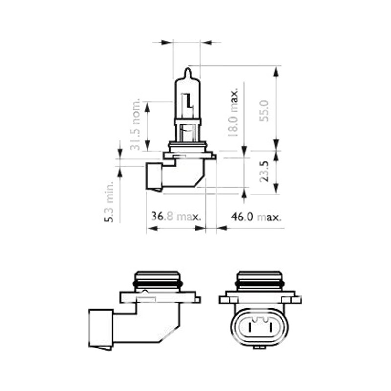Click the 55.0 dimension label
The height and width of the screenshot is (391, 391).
(264, 111)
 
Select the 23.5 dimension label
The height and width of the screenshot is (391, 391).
(264, 172)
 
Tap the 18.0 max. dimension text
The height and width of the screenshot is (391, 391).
(233, 112)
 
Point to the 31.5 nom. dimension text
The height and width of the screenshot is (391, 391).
(135, 125)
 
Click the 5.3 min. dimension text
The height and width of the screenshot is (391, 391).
(109, 202)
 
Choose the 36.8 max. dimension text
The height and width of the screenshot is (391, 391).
(176, 217)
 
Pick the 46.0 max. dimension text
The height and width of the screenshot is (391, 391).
(256, 217)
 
